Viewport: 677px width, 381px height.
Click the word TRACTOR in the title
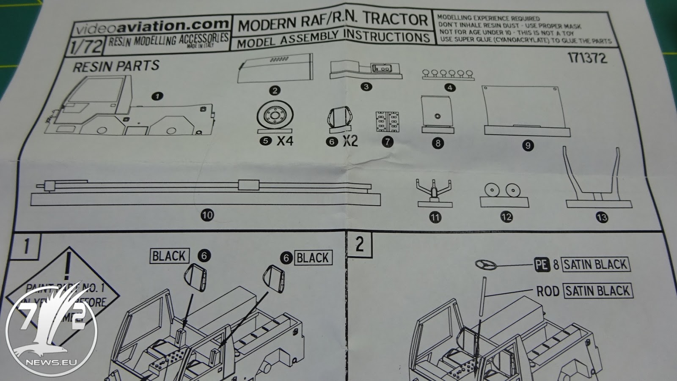[x=395, y=19]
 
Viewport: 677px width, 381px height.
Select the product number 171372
[x=587, y=58]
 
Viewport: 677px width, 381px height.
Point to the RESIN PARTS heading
[x=116, y=66]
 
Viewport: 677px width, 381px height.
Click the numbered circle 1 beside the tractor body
[x=157, y=96]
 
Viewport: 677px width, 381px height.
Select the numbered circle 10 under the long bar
[x=207, y=215]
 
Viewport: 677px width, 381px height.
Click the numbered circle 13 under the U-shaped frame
[x=601, y=217]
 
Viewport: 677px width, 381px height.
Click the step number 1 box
[x=26, y=246]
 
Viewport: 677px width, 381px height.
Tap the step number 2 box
[x=360, y=244]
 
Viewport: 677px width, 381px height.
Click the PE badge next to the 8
[x=542, y=265]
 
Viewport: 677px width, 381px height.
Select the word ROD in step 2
[x=548, y=291]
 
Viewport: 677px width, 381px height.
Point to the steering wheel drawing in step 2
[x=486, y=265]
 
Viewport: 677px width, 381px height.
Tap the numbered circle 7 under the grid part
[x=387, y=142]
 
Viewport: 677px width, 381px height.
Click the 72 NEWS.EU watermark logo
[x=52, y=330]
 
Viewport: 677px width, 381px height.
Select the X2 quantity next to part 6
[x=350, y=140]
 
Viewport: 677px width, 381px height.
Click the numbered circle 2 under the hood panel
[x=275, y=90]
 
